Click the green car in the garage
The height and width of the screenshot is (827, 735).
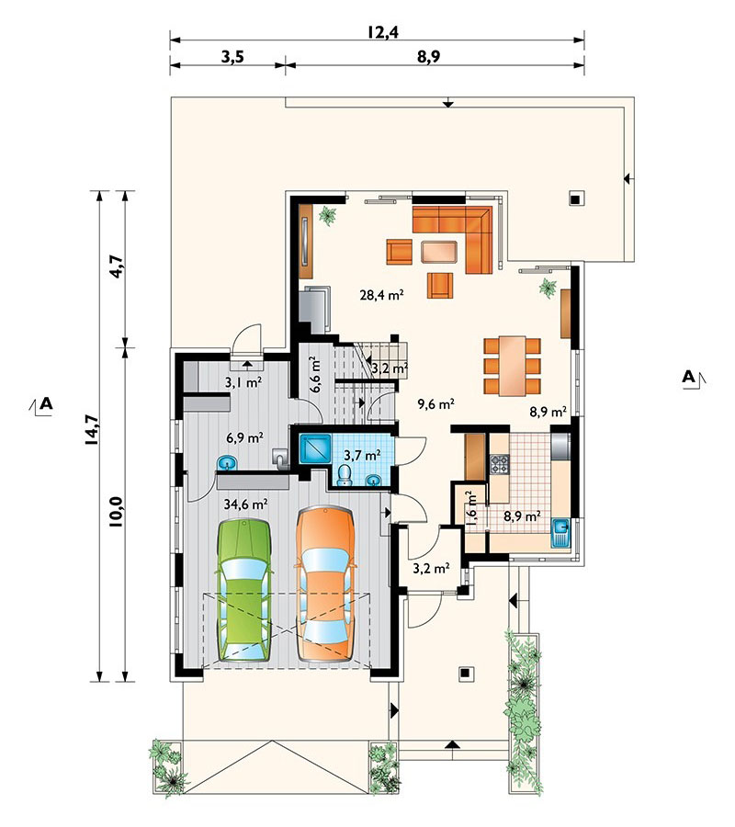244,590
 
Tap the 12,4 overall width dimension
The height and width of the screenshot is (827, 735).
383,32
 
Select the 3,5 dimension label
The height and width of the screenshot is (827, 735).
232,57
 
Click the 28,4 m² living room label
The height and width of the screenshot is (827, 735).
381,295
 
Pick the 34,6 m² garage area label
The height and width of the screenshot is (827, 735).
245,504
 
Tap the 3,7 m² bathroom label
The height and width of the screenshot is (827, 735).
362,454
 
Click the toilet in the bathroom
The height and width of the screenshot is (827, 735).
345,474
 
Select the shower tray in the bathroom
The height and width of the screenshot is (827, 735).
315,448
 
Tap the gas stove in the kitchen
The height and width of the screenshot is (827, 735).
499,464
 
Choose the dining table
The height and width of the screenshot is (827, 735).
513,366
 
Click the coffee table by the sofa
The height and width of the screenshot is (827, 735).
438,252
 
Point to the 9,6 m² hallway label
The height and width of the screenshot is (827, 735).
436,404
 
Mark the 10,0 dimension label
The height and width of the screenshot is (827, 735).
117,512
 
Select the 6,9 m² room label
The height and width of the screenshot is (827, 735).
244,437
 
